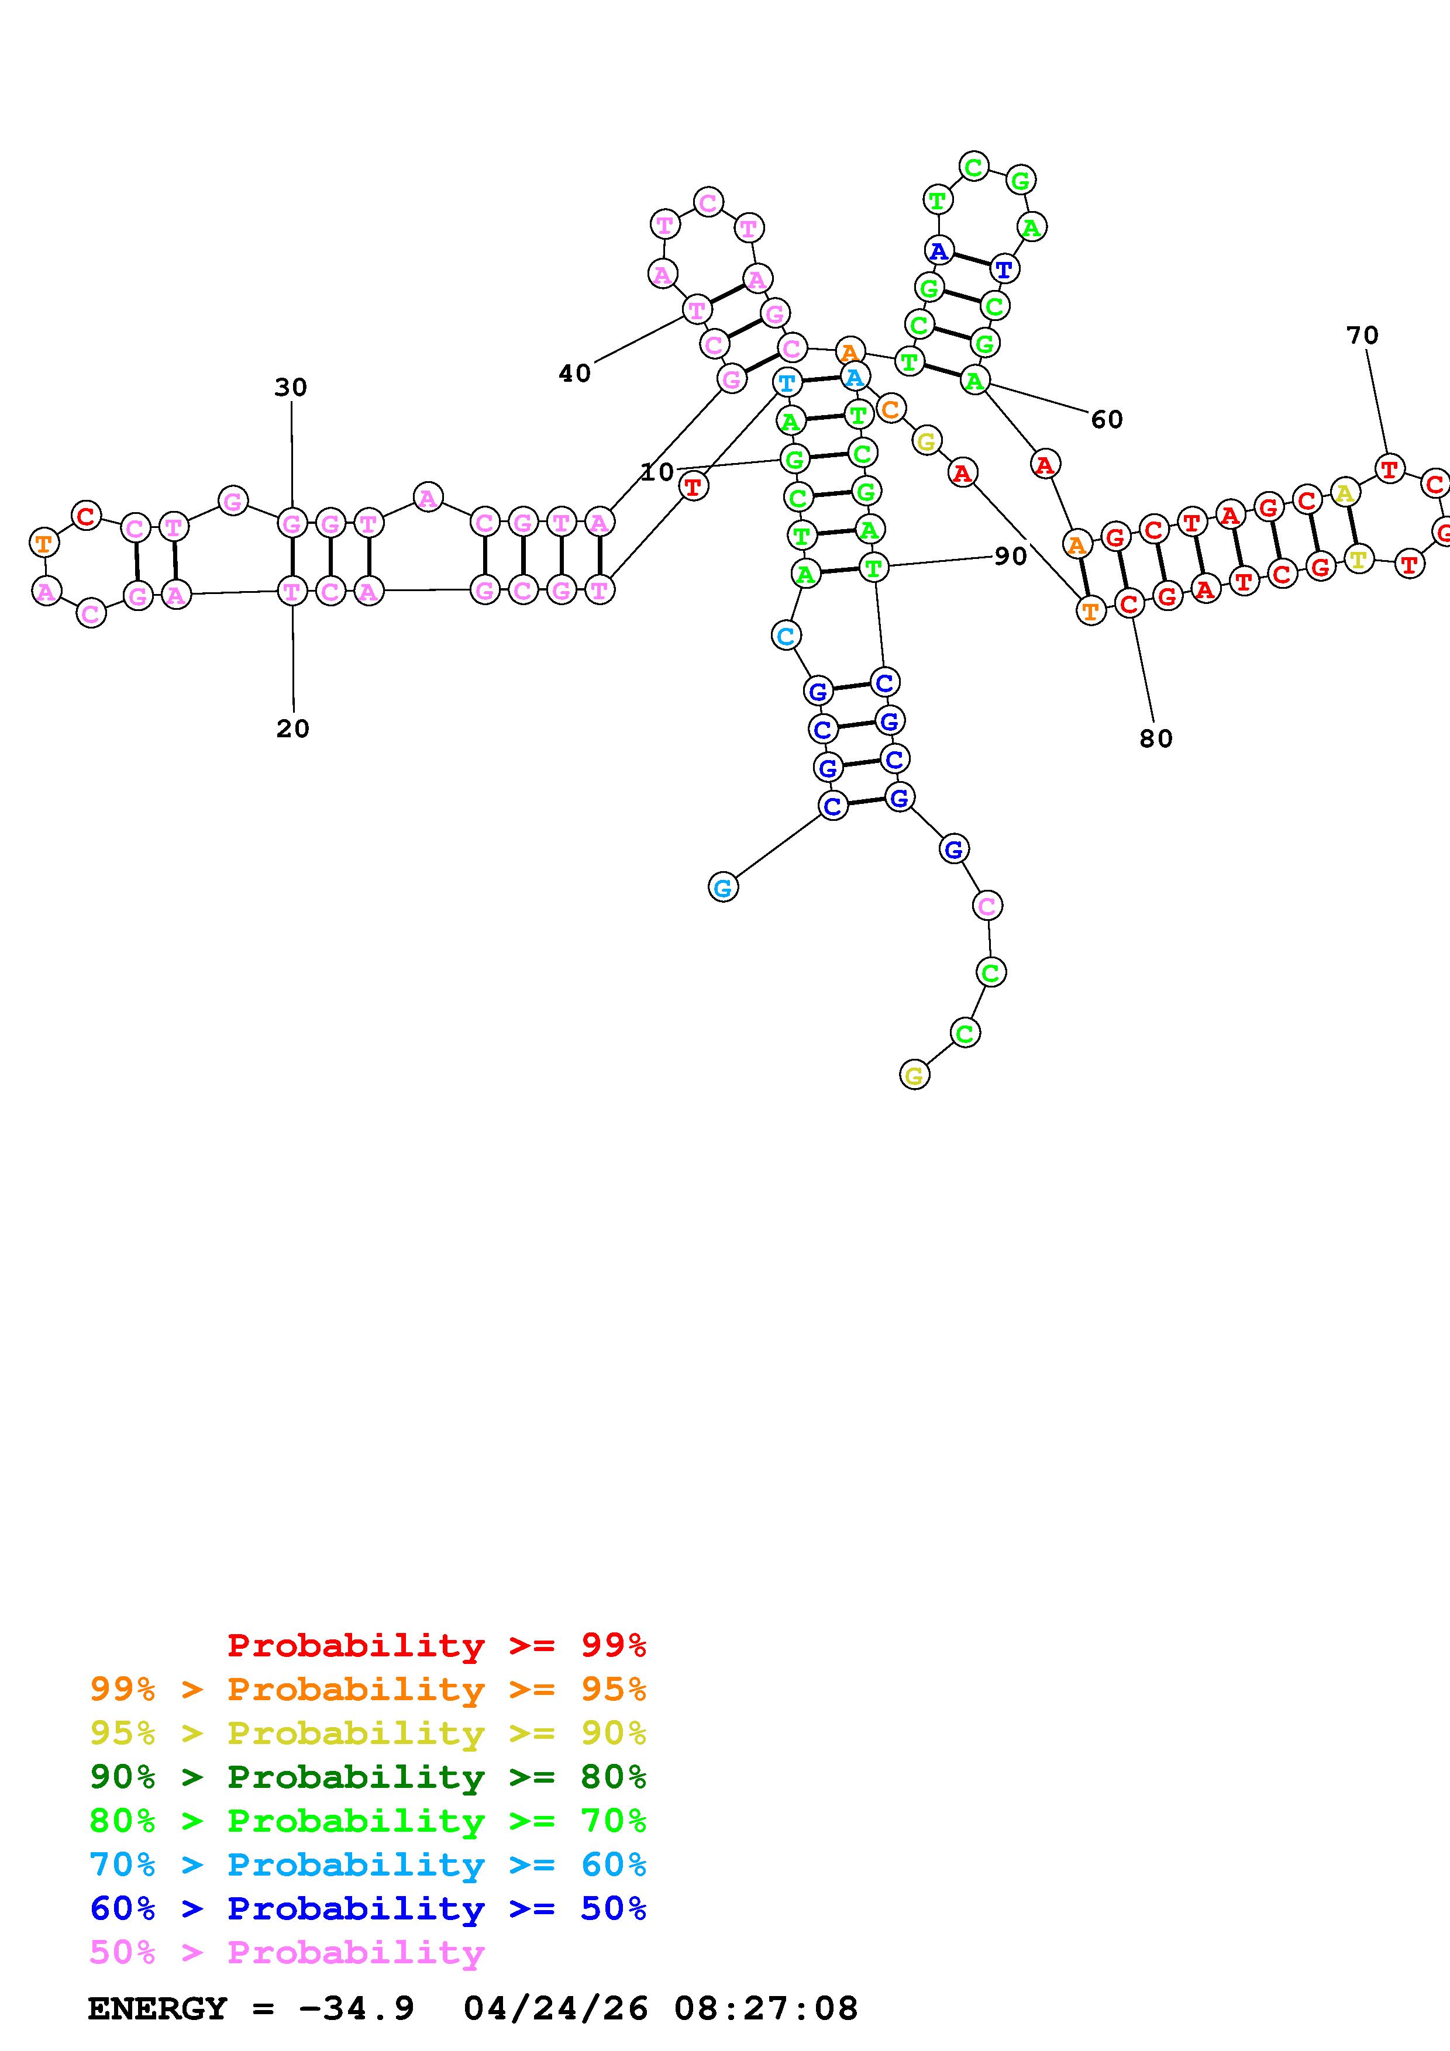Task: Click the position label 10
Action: click(x=657, y=472)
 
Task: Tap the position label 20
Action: click(x=292, y=729)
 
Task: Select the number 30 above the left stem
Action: click(x=290, y=388)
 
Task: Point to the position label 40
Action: click(x=574, y=374)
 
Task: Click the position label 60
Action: click(x=1106, y=419)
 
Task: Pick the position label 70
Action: click(x=1362, y=336)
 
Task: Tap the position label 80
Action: click(x=1155, y=739)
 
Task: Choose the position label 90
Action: click(x=1011, y=557)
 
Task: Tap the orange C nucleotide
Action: click(x=890, y=409)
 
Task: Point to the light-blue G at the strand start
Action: click(x=723, y=888)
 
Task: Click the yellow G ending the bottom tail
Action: click(x=913, y=1076)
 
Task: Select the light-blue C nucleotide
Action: click(x=786, y=636)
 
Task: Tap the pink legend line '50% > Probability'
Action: click(x=287, y=1953)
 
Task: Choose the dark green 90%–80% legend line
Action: click(x=367, y=1777)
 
